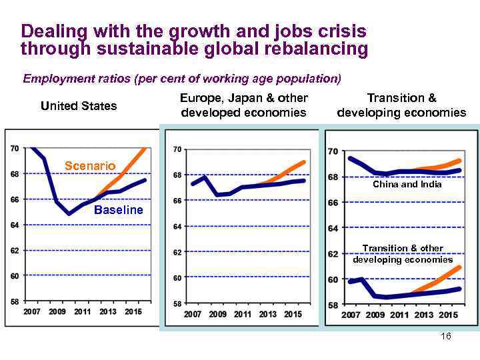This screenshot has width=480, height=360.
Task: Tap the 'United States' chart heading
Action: (x=79, y=106)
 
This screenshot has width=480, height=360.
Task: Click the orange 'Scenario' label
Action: (x=89, y=165)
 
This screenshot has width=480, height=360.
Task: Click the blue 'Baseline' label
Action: (x=118, y=210)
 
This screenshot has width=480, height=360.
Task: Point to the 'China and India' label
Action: (x=407, y=184)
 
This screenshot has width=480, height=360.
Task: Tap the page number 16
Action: (x=446, y=337)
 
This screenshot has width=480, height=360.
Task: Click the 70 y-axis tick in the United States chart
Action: (x=15, y=149)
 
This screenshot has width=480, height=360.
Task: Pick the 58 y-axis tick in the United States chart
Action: (x=15, y=301)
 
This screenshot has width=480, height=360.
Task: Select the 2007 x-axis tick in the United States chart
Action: (x=31, y=312)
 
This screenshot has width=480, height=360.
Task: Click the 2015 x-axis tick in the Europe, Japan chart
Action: (x=293, y=314)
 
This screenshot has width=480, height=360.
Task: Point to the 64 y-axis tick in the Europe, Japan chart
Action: (x=177, y=227)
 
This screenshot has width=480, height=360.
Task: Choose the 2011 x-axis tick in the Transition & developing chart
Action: (x=399, y=315)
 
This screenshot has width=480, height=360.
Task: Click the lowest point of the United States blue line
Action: (x=69, y=214)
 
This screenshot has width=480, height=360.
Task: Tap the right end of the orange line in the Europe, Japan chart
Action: (x=304, y=162)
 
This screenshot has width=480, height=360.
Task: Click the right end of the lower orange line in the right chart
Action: (x=460, y=267)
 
